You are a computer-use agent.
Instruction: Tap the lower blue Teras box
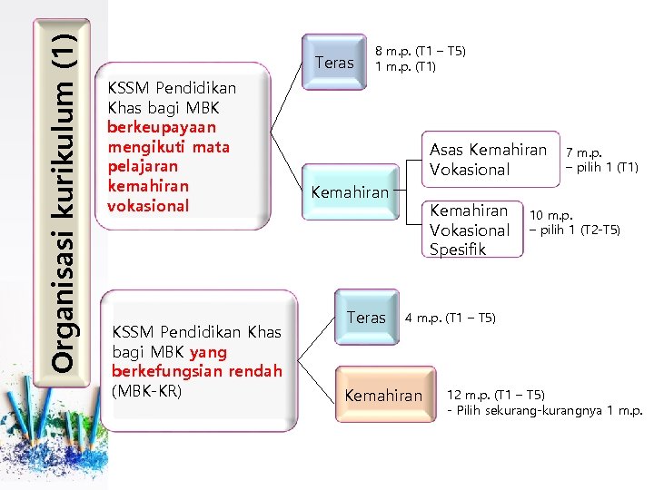pos(366,318)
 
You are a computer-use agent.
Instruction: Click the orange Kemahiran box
pos(383,395)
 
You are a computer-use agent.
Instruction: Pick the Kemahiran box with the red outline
pos(350,191)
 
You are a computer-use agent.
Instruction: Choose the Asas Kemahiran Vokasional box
pos(488,159)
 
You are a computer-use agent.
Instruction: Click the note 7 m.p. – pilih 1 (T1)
pos(601,160)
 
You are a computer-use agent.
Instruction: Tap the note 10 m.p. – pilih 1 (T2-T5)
pos(576,222)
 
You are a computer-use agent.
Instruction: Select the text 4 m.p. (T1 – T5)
pos(450,318)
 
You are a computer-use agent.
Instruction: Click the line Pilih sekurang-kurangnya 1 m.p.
pos(544,411)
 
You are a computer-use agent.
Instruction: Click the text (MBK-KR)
pos(146,391)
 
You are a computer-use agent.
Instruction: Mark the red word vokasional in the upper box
pos(147,205)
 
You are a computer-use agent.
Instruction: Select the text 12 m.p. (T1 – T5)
pos(495,395)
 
